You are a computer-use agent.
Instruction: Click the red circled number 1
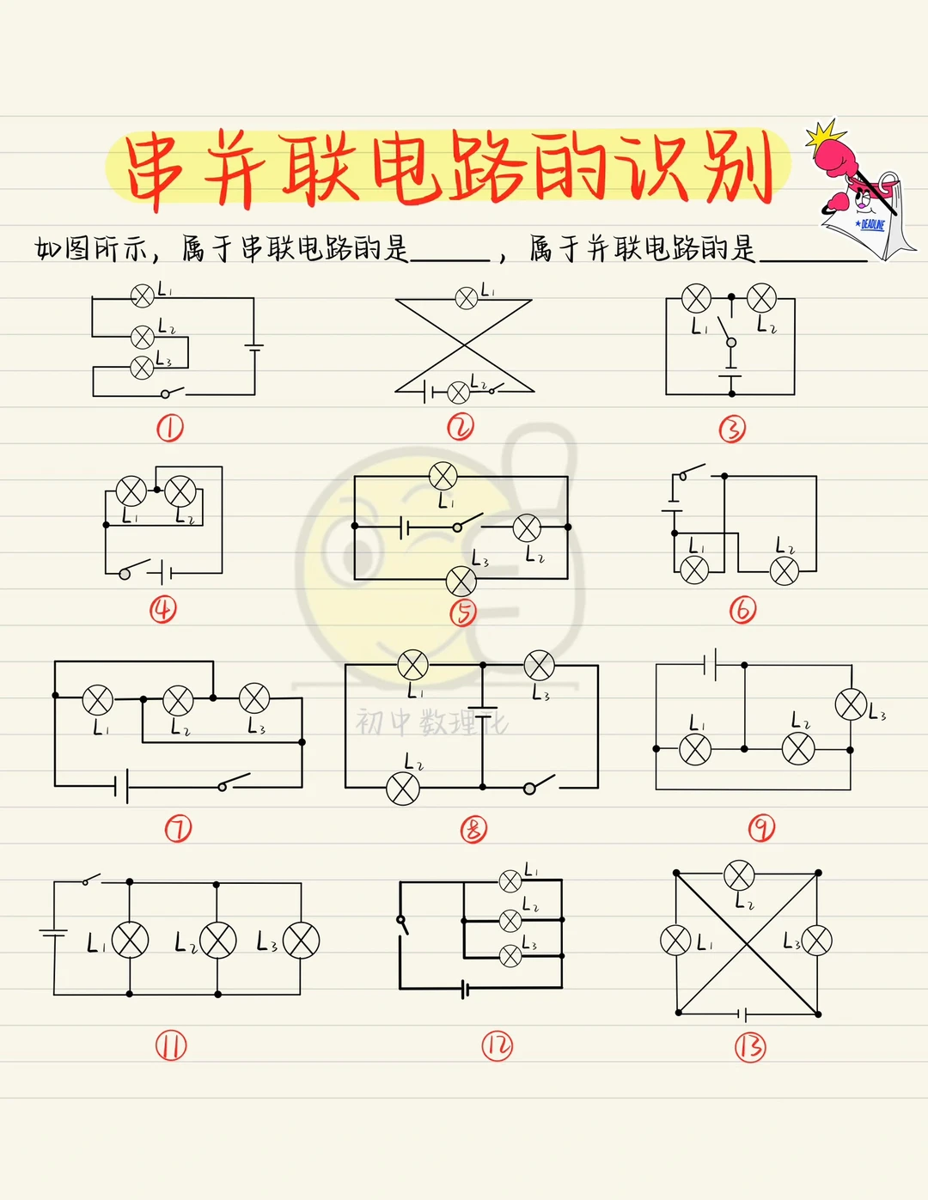pyautogui.click(x=169, y=428)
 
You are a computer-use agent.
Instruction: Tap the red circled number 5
pyautogui.click(x=463, y=612)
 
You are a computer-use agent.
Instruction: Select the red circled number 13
pyautogui.click(x=749, y=1046)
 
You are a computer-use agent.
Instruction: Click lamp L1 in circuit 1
pyautogui.click(x=142, y=296)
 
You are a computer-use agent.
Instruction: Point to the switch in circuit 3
pyautogui.click(x=726, y=331)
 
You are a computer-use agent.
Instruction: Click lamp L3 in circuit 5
pyautogui.click(x=461, y=582)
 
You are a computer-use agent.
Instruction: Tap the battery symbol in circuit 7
pyautogui.click(x=121, y=785)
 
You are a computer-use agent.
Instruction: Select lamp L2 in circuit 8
pyautogui.click(x=402, y=788)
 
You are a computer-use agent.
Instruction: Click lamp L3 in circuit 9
pyautogui.click(x=851, y=704)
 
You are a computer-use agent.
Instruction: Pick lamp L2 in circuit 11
pyautogui.click(x=217, y=941)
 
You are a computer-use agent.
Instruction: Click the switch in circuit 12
pyautogui.click(x=402, y=924)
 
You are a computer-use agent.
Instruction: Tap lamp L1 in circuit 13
pyautogui.click(x=675, y=940)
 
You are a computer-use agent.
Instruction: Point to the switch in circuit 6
pyautogui.click(x=690, y=472)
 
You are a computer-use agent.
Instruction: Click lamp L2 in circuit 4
pyautogui.click(x=180, y=492)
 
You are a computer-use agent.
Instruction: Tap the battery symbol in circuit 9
pyautogui.click(x=710, y=664)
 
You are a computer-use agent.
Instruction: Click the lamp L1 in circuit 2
pyautogui.click(x=466, y=298)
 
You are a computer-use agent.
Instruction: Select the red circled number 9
pyautogui.click(x=761, y=828)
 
